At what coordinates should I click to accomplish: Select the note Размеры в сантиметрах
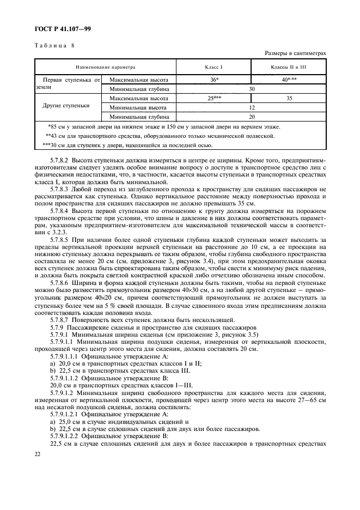[x=295, y=53]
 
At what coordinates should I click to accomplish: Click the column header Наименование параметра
[x=106, y=66]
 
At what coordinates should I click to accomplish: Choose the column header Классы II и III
[x=289, y=66]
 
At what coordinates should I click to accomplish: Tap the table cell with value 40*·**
[x=289, y=80]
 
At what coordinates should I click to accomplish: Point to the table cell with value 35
[x=289, y=99]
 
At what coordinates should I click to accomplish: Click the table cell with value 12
[x=252, y=108]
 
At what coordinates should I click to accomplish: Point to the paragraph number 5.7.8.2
[x=62, y=161]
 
